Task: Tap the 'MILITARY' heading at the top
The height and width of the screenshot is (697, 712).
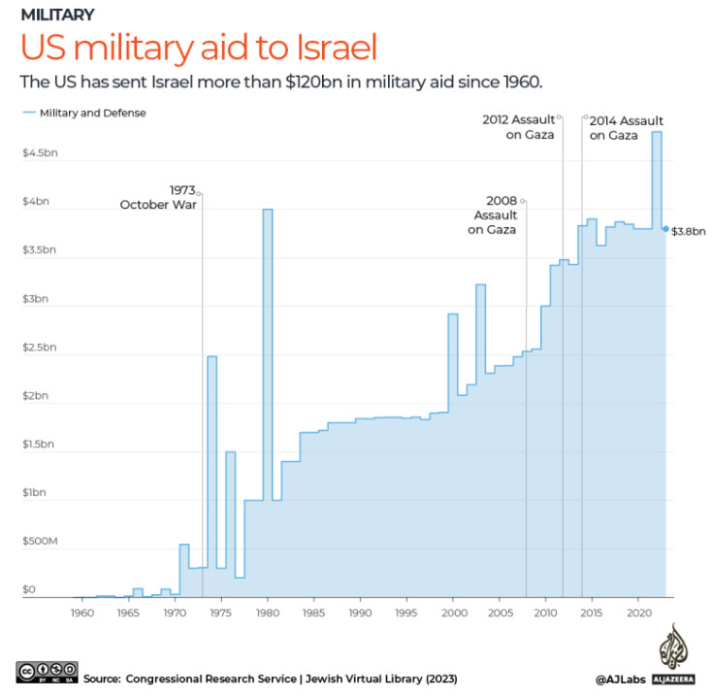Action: (57, 15)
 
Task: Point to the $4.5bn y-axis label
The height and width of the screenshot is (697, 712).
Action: (40, 154)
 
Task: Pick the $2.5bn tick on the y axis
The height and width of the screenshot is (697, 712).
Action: (40, 348)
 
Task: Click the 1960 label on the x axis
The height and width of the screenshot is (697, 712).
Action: (81, 614)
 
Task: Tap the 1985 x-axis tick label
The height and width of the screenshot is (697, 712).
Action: (313, 614)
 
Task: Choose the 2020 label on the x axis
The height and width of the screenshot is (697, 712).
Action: (638, 614)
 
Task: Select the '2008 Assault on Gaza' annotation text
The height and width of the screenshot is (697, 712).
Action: (494, 215)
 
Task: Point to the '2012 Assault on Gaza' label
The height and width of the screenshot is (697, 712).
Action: (520, 127)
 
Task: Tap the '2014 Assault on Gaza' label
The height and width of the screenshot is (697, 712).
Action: (625, 127)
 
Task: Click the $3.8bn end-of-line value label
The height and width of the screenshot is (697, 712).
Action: (689, 230)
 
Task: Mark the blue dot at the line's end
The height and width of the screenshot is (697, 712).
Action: (665, 229)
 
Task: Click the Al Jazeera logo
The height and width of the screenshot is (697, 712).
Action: (671, 657)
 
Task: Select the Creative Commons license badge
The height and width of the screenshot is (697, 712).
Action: (47, 671)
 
